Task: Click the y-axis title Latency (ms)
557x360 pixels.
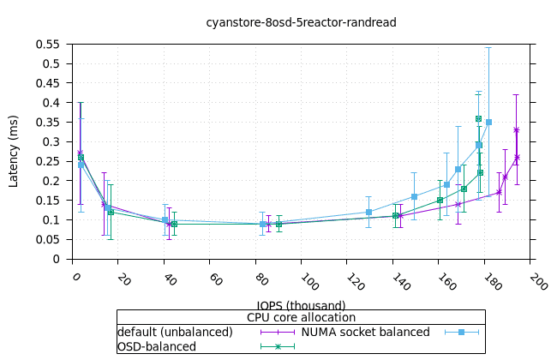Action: click(x=14, y=151)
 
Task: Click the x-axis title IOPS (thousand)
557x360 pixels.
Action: click(x=301, y=305)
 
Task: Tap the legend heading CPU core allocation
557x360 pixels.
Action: click(x=301, y=317)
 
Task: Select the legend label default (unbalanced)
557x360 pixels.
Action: click(x=175, y=332)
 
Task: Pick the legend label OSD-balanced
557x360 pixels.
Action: click(x=157, y=346)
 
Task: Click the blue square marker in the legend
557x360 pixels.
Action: click(x=460, y=332)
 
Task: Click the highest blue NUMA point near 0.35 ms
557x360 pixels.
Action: click(x=488, y=123)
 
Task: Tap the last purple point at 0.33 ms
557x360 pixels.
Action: click(x=516, y=130)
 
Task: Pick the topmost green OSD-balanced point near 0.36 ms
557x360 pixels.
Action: click(x=478, y=118)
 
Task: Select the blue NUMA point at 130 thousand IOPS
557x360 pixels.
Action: click(x=368, y=212)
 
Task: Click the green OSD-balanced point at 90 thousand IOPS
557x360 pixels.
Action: click(x=278, y=224)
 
